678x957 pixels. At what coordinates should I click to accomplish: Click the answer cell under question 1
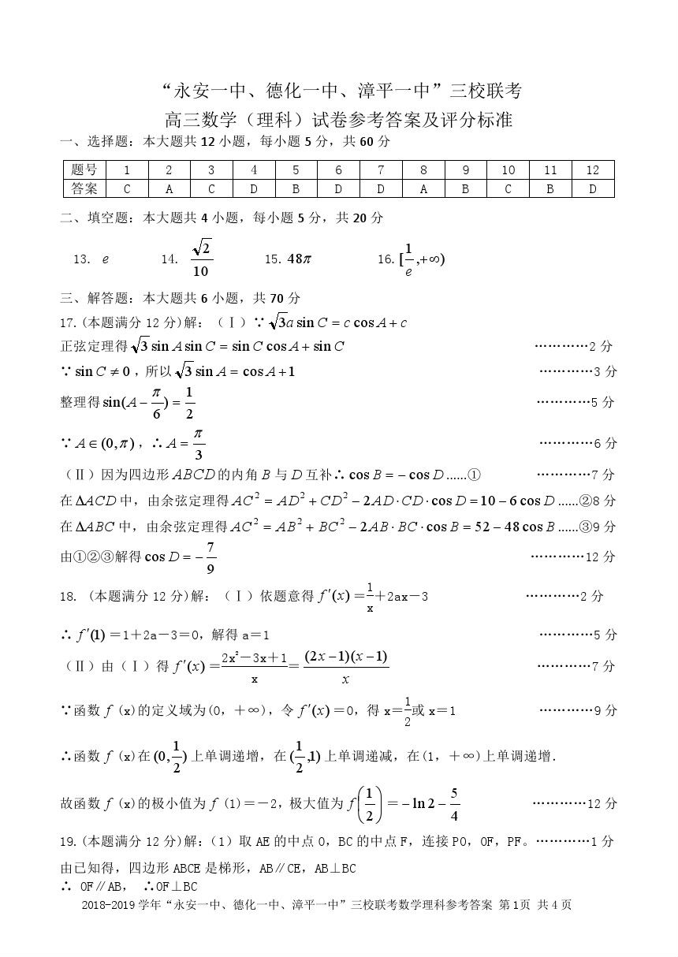click(x=126, y=189)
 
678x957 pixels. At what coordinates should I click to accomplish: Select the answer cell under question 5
click(x=296, y=189)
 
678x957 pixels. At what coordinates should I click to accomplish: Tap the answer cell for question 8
click(x=423, y=189)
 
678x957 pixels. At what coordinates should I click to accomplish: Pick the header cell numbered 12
click(x=593, y=170)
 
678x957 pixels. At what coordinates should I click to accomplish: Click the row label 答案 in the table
click(x=84, y=189)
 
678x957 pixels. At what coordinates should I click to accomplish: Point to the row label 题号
click(x=84, y=170)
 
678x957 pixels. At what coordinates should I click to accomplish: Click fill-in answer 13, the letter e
click(x=106, y=259)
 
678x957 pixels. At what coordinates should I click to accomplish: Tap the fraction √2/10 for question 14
click(x=201, y=259)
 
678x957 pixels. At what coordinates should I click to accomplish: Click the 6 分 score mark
click(x=605, y=443)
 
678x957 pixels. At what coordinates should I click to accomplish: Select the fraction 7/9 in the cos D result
click(x=210, y=557)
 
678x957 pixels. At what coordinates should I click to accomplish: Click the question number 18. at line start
click(x=69, y=597)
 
